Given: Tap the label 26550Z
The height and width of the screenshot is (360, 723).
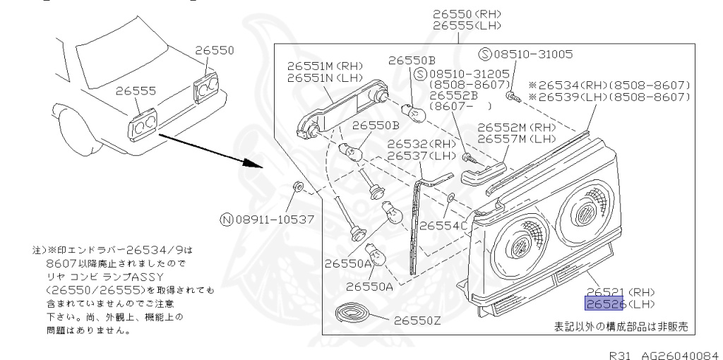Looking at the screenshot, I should (417, 320).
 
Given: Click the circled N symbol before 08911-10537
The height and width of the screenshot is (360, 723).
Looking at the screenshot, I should (226, 220).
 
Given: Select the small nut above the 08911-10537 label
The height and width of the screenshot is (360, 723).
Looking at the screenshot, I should (299, 188).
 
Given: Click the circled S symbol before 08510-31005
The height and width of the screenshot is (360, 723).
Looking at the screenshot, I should (484, 54).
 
